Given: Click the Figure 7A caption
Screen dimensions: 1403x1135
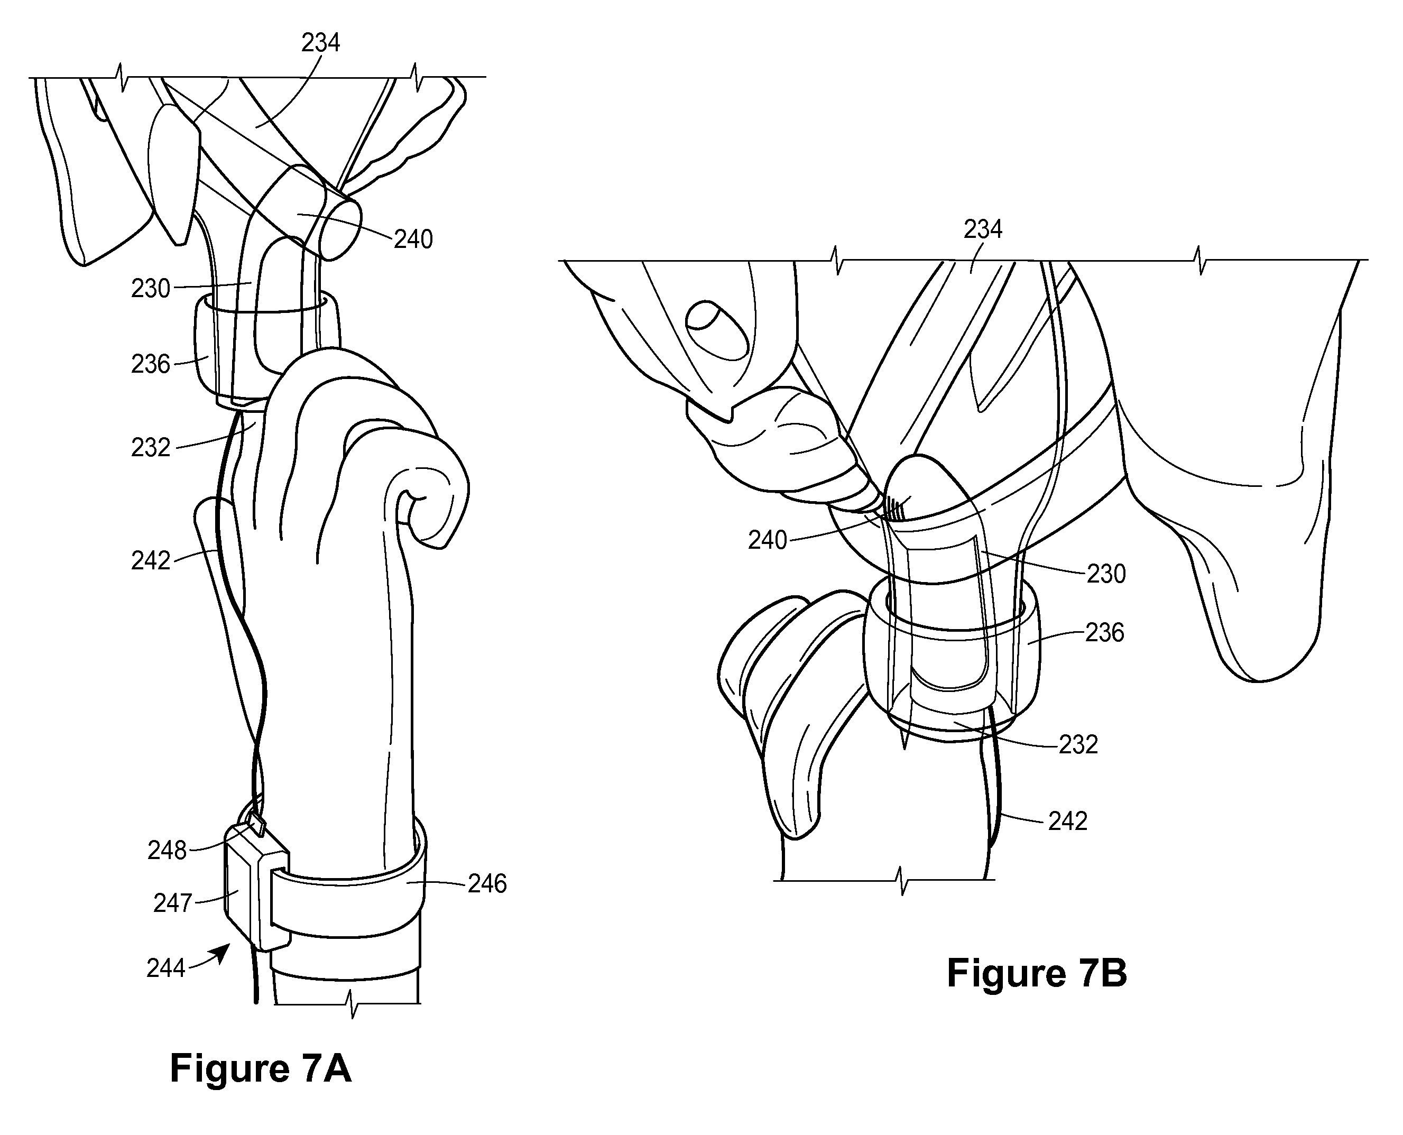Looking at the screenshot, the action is [x=260, y=1069].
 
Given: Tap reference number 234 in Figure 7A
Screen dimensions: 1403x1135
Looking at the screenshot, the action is [x=320, y=43].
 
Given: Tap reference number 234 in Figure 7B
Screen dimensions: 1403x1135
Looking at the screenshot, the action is [x=983, y=229].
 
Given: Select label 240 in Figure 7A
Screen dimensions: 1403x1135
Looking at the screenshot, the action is [x=413, y=240].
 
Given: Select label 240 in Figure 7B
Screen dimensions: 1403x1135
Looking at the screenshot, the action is [x=768, y=541].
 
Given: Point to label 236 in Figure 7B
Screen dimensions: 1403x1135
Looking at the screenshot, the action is [x=1105, y=633].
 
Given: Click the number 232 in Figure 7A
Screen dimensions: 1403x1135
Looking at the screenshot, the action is [x=150, y=448].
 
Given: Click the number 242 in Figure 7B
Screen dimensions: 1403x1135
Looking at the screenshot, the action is [x=1068, y=821].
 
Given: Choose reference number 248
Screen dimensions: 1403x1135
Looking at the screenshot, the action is [x=168, y=851].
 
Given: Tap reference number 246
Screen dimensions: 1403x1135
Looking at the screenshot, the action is [x=487, y=884].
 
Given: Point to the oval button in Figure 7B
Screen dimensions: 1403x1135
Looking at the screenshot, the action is [x=717, y=330].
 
